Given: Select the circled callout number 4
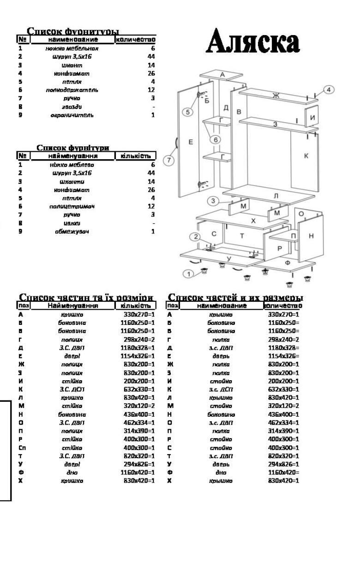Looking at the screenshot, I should click(328, 90).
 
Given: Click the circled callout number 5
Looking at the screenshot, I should click(187, 112).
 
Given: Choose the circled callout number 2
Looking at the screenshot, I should click(196, 237).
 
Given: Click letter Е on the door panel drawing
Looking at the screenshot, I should click(190, 142).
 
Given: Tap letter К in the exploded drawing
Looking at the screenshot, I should click(306, 156).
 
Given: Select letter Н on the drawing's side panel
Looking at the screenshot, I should click(311, 236).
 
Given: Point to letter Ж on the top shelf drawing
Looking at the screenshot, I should click(276, 96).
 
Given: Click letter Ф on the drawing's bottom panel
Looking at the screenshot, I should click(288, 263).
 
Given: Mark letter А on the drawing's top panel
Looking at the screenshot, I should click(222, 75).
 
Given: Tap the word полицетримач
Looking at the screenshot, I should click(72, 206).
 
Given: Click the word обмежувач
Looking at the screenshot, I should click(72, 231).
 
